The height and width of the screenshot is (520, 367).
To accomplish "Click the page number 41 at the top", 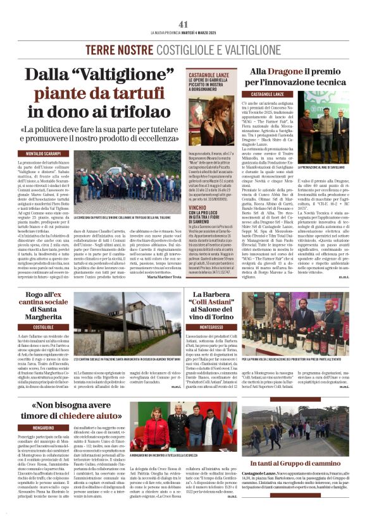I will tap(183, 24).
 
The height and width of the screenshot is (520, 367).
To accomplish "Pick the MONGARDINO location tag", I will tap(43, 428).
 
